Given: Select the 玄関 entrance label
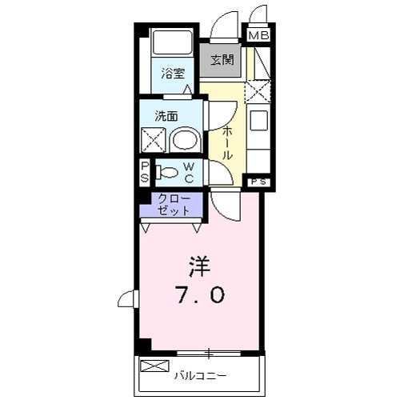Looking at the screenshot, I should tap(222, 60).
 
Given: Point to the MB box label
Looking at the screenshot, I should tap(258, 35).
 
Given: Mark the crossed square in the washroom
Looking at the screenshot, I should tap(153, 141).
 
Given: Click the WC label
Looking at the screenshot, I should tap(189, 172).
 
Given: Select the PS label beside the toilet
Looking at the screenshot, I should tap(144, 172).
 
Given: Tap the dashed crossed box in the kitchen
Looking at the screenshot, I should tap(258, 90).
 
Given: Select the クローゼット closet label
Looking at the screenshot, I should tap(174, 205).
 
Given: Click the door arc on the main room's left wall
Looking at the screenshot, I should tap(127, 299).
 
